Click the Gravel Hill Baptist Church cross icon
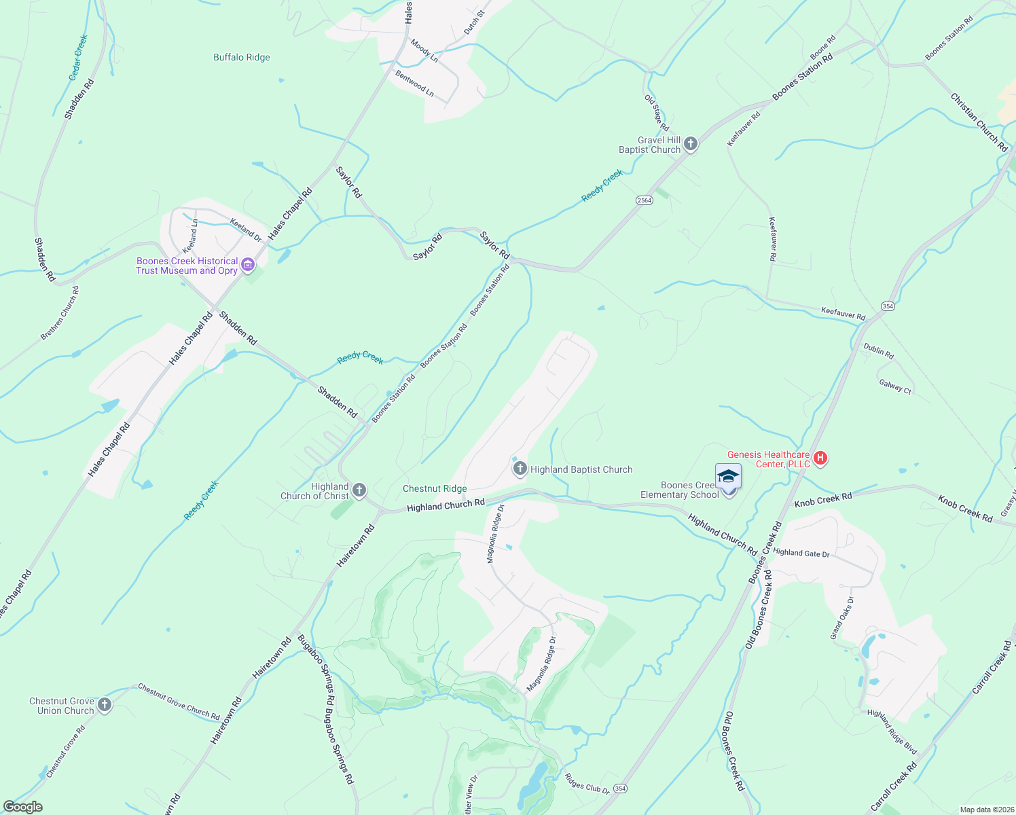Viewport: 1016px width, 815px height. (691, 143)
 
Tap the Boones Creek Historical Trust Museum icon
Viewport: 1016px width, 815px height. (248, 265)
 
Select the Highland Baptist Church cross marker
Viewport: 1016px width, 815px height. (520, 468)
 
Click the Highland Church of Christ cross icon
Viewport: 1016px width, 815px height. (359, 490)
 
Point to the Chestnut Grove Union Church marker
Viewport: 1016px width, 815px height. (104, 705)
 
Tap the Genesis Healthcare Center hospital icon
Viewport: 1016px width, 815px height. (820, 458)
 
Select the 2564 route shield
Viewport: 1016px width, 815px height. (645, 200)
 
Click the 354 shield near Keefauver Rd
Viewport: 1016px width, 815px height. (888, 306)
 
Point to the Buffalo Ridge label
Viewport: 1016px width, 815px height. (242, 58)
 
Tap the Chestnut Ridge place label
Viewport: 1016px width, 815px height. (435, 488)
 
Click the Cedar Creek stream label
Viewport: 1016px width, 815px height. (79, 58)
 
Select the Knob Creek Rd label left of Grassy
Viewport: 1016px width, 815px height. (965, 509)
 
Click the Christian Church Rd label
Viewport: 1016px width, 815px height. (979, 122)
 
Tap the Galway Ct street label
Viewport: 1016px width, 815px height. (895, 386)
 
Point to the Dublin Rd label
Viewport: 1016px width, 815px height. (879, 350)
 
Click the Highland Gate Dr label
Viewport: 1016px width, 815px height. (801, 553)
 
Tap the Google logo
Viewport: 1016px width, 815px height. (23, 807)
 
